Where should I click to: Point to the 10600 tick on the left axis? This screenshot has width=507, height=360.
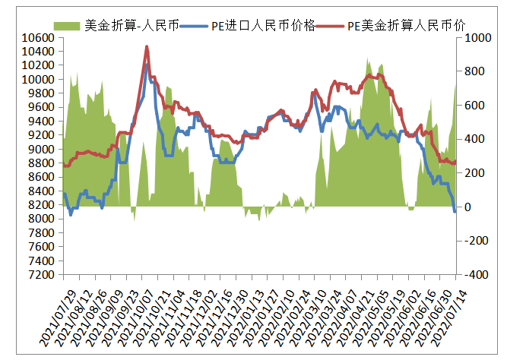[36, 37]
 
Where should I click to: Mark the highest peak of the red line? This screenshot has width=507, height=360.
[147, 47]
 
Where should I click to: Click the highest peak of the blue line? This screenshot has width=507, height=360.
[146, 64]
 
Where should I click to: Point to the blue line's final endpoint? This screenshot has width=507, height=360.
[455, 211]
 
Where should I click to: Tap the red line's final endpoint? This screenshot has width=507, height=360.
[455, 162]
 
